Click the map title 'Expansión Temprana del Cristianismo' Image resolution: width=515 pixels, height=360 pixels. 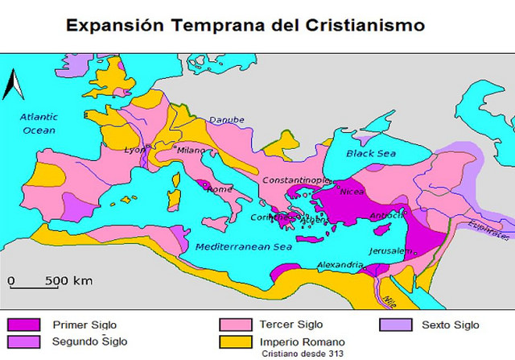[x=245, y=24]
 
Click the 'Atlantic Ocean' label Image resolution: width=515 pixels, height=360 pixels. [x=39, y=122]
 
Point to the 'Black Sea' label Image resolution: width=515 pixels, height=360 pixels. [x=368, y=153]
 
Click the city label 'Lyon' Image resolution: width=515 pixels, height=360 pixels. [x=134, y=150]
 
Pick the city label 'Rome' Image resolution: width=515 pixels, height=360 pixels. [x=220, y=190]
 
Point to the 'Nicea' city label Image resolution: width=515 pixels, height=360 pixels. [x=352, y=192]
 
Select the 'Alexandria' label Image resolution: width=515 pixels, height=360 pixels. [x=338, y=265]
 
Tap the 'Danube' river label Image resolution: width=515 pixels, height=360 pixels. [x=226, y=120]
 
